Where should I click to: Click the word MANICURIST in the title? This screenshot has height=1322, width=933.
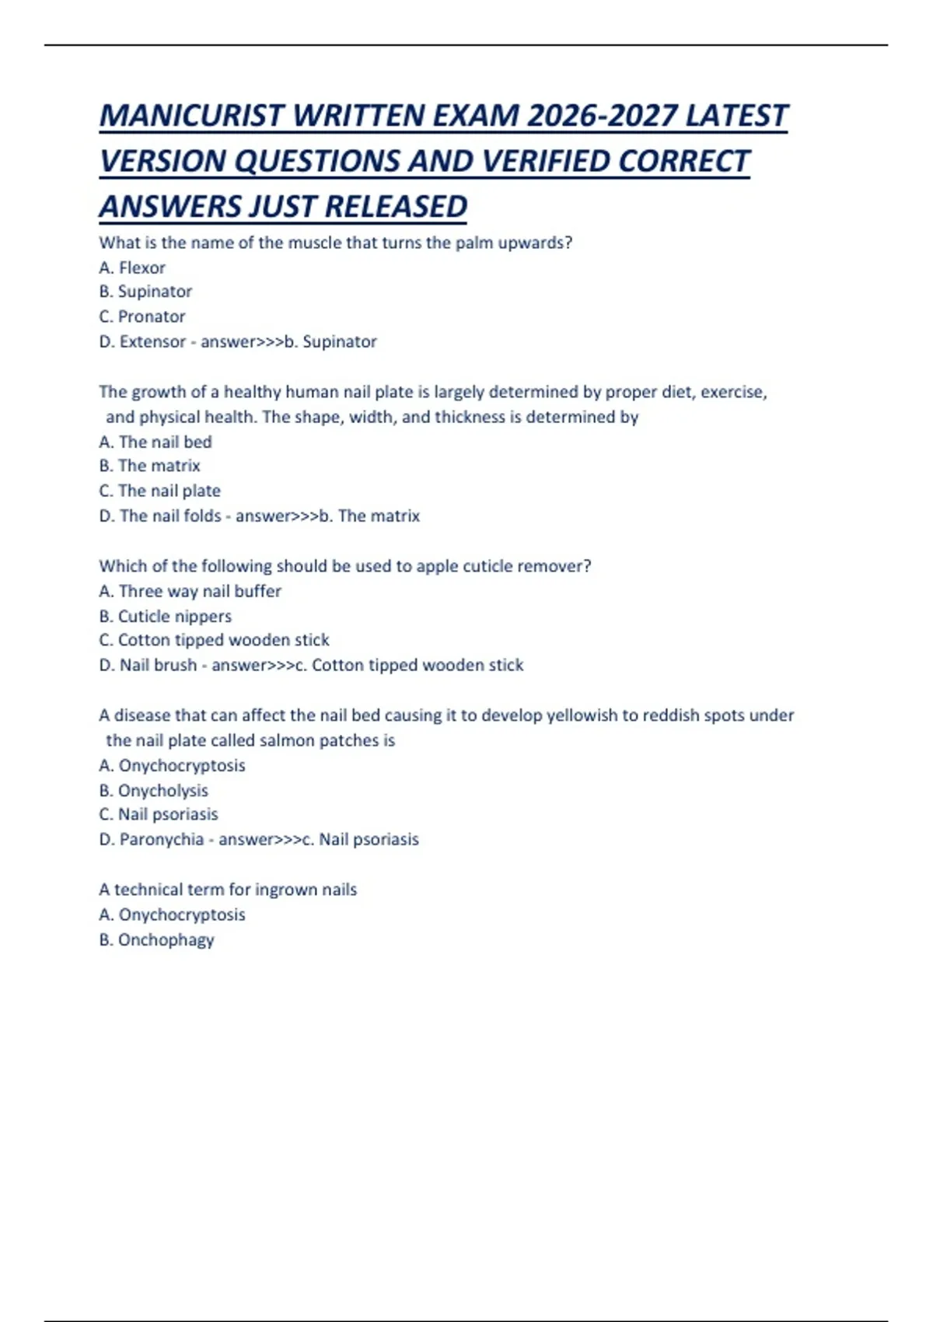click(x=191, y=116)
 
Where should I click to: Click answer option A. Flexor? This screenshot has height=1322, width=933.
click(x=132, y=268)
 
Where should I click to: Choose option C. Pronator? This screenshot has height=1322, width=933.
click(x=142, y=317)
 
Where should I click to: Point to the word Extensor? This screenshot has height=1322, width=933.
click(x=152, y=341)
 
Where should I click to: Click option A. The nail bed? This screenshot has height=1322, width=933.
click(x=155, y=442)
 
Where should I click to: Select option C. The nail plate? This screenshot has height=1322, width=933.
click(x=159, y=491)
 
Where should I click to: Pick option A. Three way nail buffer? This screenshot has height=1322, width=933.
click(x=190, y=591)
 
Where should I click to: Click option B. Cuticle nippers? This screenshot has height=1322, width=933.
click(x=165, y=616)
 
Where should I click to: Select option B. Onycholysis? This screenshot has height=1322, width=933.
click(x=153, y=790)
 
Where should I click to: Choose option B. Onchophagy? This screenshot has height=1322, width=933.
click(x=156, y=939)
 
